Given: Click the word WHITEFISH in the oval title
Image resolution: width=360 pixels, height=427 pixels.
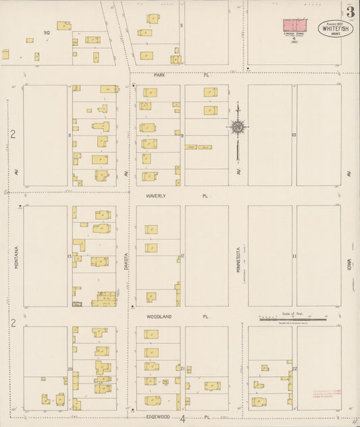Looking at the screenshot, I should point(336,29).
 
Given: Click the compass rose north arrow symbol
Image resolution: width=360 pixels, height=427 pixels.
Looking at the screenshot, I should point(238,127).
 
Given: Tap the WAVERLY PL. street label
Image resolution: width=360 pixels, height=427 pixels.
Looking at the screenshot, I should point(177,196).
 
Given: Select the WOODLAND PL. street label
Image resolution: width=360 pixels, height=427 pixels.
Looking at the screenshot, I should point(178,316).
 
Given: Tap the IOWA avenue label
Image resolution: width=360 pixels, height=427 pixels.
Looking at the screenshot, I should point(350,256).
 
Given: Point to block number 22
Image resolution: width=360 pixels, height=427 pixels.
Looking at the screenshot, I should point(295,368).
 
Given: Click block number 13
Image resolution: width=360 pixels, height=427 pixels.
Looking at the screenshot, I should point(70,257).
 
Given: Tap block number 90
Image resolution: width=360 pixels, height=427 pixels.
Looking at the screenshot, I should point(47,32).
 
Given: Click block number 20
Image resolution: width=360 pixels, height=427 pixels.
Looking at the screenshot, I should point(70,369).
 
